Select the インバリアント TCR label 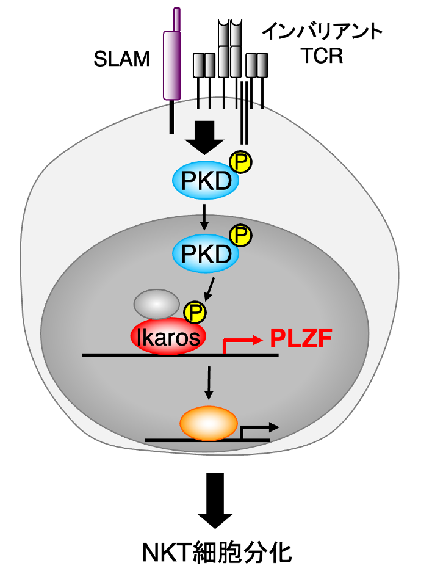tap(322, 43)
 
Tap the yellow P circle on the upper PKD tap(240, 162)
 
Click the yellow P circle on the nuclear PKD tap(240, 234)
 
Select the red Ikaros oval tap(168, 336)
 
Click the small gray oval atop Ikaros tap(156, 303)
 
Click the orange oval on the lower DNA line tap(207, 424)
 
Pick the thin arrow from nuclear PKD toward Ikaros tap(209, 288)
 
